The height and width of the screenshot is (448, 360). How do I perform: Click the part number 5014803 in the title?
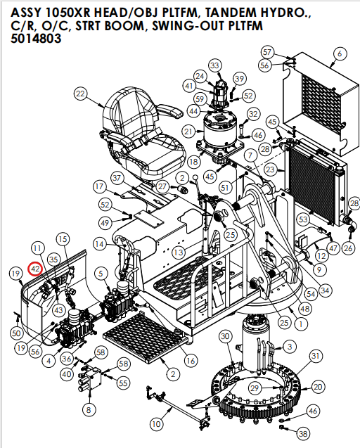click(x=36, y=40)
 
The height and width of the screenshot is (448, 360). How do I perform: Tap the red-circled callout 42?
click(x=34, y=268)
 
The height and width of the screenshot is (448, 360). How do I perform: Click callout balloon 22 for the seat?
click(x=80, y=94)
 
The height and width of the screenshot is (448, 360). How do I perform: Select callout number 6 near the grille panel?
click(x=340, y=53)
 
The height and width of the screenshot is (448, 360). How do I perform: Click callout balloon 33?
click(x=214, y=65)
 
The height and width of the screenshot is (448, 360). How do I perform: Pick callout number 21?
click(x=188, y=132)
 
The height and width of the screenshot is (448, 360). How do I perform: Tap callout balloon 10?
click(x=157, y=423)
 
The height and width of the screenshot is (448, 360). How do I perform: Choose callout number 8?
click(x=89, y=409)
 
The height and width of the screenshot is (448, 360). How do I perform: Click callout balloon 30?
click(x=225, y=337)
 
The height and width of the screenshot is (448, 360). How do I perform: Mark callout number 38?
click(x=303, y=434)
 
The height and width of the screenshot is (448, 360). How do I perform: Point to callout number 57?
click(x=266, y=52)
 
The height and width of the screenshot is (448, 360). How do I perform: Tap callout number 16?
click(x=190, y=361)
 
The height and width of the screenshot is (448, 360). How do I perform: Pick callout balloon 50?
click(x=16, y=332)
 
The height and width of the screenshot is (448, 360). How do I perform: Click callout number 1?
click(x=300, y=324)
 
